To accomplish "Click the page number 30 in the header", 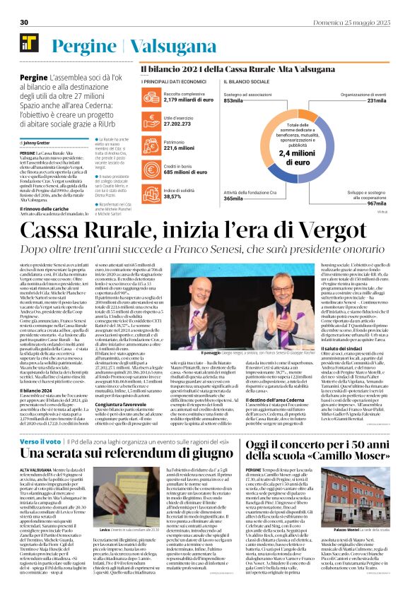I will click(x=23, y=23).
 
